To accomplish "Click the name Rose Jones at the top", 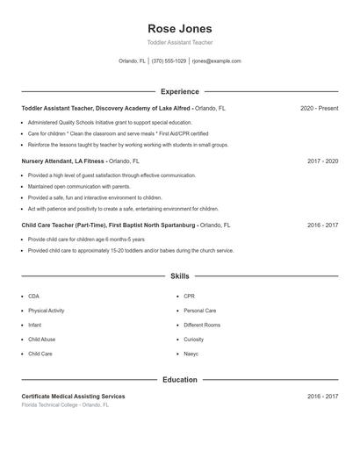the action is coord(179,28).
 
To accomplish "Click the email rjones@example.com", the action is coord(216,61).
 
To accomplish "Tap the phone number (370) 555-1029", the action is coord(169,61).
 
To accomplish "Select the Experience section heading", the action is coord(179,91).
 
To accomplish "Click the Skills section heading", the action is coord(179,276).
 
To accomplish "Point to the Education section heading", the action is coord(179,380).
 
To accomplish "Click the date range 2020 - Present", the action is coord(319,109).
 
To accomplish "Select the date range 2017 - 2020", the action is coord(322,161).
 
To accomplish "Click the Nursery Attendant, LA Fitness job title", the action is coord(63,161).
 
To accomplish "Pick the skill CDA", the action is coord(33,297).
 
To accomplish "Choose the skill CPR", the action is coord(189,297).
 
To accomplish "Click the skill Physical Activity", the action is coord(46,311).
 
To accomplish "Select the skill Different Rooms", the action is coord(201,325).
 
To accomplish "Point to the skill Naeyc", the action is coord(191,354).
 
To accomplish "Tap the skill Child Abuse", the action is coord(41,340).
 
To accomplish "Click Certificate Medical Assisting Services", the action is coord(73,397).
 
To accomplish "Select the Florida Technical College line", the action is coord(65,405).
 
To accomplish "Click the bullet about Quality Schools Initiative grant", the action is coord(109,123).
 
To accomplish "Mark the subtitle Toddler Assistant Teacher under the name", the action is coord(179,42).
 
